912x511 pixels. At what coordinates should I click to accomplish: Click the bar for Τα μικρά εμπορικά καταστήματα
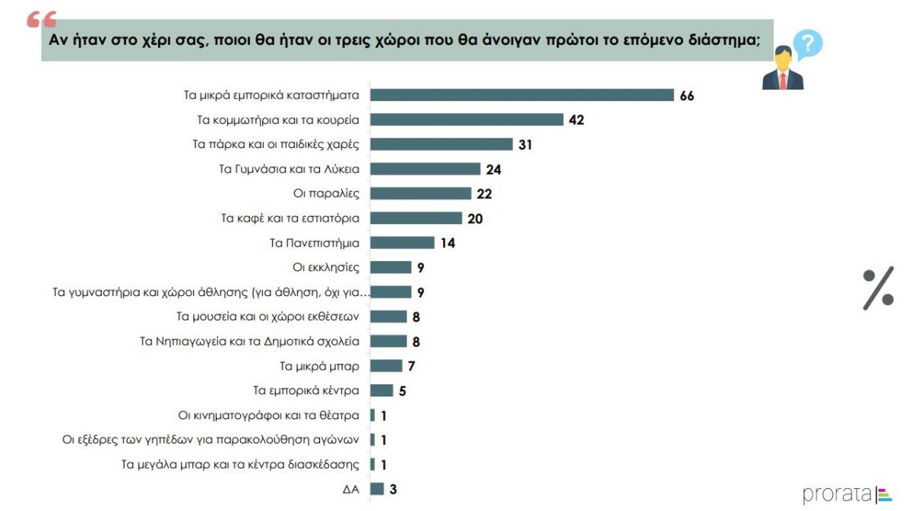522,95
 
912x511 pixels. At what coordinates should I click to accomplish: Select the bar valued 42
467,119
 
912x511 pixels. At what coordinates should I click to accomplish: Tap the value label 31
525,144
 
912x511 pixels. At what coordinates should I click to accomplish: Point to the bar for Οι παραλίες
420,194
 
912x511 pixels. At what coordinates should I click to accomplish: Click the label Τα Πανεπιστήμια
315,243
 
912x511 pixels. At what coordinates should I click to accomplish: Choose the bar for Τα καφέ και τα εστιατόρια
416,218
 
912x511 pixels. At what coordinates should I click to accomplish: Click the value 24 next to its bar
493,169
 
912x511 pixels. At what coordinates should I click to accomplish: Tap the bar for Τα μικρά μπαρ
386,366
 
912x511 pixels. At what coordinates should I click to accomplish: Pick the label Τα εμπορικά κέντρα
306,390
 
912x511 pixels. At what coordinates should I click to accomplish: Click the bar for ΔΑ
377,488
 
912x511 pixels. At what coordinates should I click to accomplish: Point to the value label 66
687,96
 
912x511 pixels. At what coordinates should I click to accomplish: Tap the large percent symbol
878,288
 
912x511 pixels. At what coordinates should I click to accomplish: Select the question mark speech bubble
806,44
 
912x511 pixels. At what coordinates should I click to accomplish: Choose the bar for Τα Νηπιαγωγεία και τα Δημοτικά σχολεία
388,341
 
